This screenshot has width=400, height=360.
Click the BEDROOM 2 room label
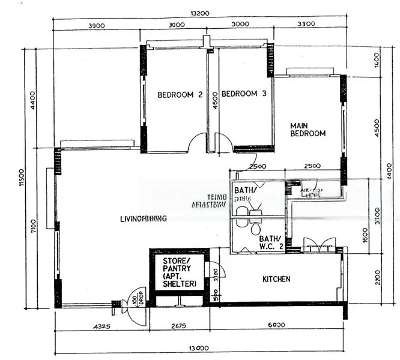pyautogui.click(x=180, y=94)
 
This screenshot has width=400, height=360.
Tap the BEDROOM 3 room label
pyautogui.click(x=244, y=94)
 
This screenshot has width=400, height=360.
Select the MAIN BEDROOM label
pyautogui.click(x=308, y=130)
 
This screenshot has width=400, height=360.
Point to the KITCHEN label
pyautogui.click(x=276, y=279)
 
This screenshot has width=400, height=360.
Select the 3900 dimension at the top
pyautogui.click(x=96, y=25)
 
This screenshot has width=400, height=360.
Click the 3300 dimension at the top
pyautogui.click(x=306, y=25)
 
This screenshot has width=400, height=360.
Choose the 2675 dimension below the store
pyautogui.click(x=178, y=325)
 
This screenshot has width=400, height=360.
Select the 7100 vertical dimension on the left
pyautogui.click(x=34, y=228)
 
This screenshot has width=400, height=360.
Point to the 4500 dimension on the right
pyautogui.click(x=376, y=127)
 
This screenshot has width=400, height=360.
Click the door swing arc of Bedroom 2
pyautogui.click(x=198, y=143)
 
